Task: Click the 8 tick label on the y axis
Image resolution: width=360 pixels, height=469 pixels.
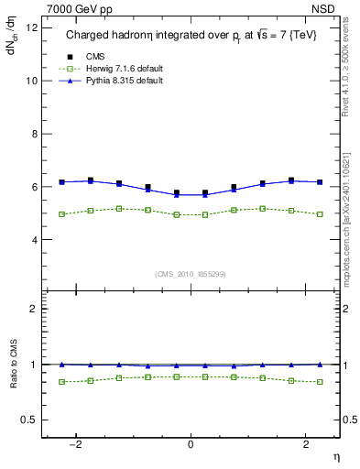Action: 33,134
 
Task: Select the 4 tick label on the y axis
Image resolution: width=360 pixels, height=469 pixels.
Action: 33,240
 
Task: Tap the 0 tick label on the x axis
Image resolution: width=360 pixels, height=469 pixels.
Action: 191,444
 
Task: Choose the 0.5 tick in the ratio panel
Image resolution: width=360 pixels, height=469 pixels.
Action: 29,420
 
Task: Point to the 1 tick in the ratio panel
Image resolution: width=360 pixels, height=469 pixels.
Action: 34,365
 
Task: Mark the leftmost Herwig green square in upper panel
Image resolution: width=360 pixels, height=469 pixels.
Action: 61,214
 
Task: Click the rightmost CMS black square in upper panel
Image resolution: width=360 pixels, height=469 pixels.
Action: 320,182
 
